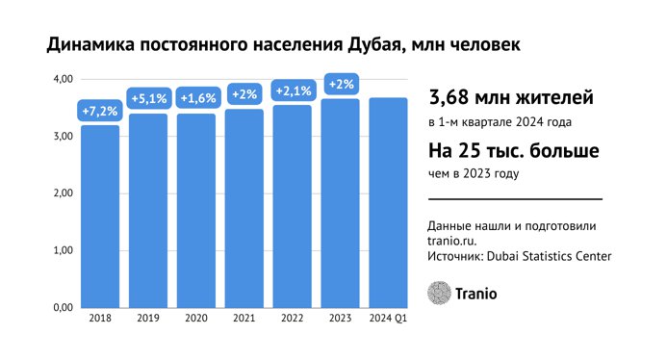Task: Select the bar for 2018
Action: point(100,217)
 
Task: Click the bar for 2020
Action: point(196,211)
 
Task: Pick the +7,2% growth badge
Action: point(99,111)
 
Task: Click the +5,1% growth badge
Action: point(148,98)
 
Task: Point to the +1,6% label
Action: point(196,98)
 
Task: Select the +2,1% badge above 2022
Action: point(292,91)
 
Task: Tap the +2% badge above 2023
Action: point(341,85)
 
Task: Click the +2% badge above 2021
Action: point(244,94)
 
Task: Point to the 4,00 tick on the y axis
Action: point(62,79)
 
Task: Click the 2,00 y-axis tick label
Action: point(62,193)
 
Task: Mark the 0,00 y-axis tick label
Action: point(62,308)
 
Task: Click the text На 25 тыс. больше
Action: point(514,152)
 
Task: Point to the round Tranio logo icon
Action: point(439,291)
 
